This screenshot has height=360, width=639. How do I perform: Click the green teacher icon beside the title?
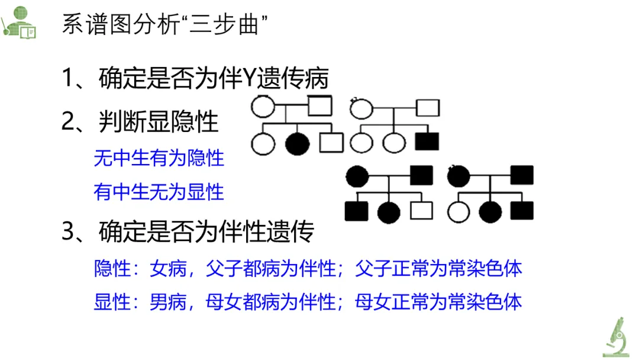coord(19,22)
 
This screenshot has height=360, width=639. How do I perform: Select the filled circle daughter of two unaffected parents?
coord(298,143)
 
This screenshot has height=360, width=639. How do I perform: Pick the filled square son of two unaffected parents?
coord(427,142)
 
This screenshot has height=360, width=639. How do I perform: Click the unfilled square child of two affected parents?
coord(422,211)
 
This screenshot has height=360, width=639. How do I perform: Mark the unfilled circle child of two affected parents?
coord(459,211)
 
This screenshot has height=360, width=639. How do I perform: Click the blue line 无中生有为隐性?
coord(159,159)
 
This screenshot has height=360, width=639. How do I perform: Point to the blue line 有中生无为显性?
coord(159,192)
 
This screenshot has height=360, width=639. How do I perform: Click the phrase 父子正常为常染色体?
coord(438,269)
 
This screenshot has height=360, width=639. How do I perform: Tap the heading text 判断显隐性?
coord(159,123)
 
